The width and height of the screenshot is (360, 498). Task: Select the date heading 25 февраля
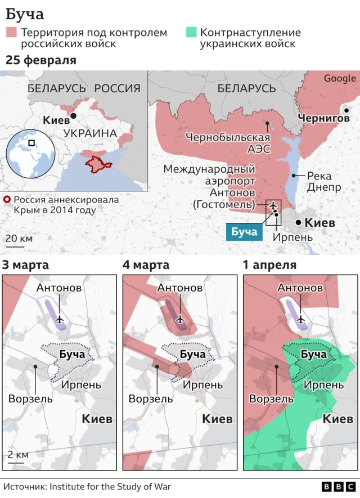[40, 60]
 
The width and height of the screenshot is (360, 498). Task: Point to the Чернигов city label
[323, 118]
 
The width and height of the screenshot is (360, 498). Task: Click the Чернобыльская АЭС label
[228, 143]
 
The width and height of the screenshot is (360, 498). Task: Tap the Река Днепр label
[323, 182]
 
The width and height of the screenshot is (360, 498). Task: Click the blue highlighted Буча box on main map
[244, 232]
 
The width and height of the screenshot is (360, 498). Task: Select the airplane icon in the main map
[273, 206]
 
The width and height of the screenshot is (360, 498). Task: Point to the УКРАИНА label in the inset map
[90, 133]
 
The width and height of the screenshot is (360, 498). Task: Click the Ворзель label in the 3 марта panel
[30, 398]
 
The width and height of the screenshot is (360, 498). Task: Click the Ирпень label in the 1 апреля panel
[324, 385]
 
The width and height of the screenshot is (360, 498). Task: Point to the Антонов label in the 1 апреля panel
[300, 288]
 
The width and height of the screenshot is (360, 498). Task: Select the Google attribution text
[339, 79]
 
